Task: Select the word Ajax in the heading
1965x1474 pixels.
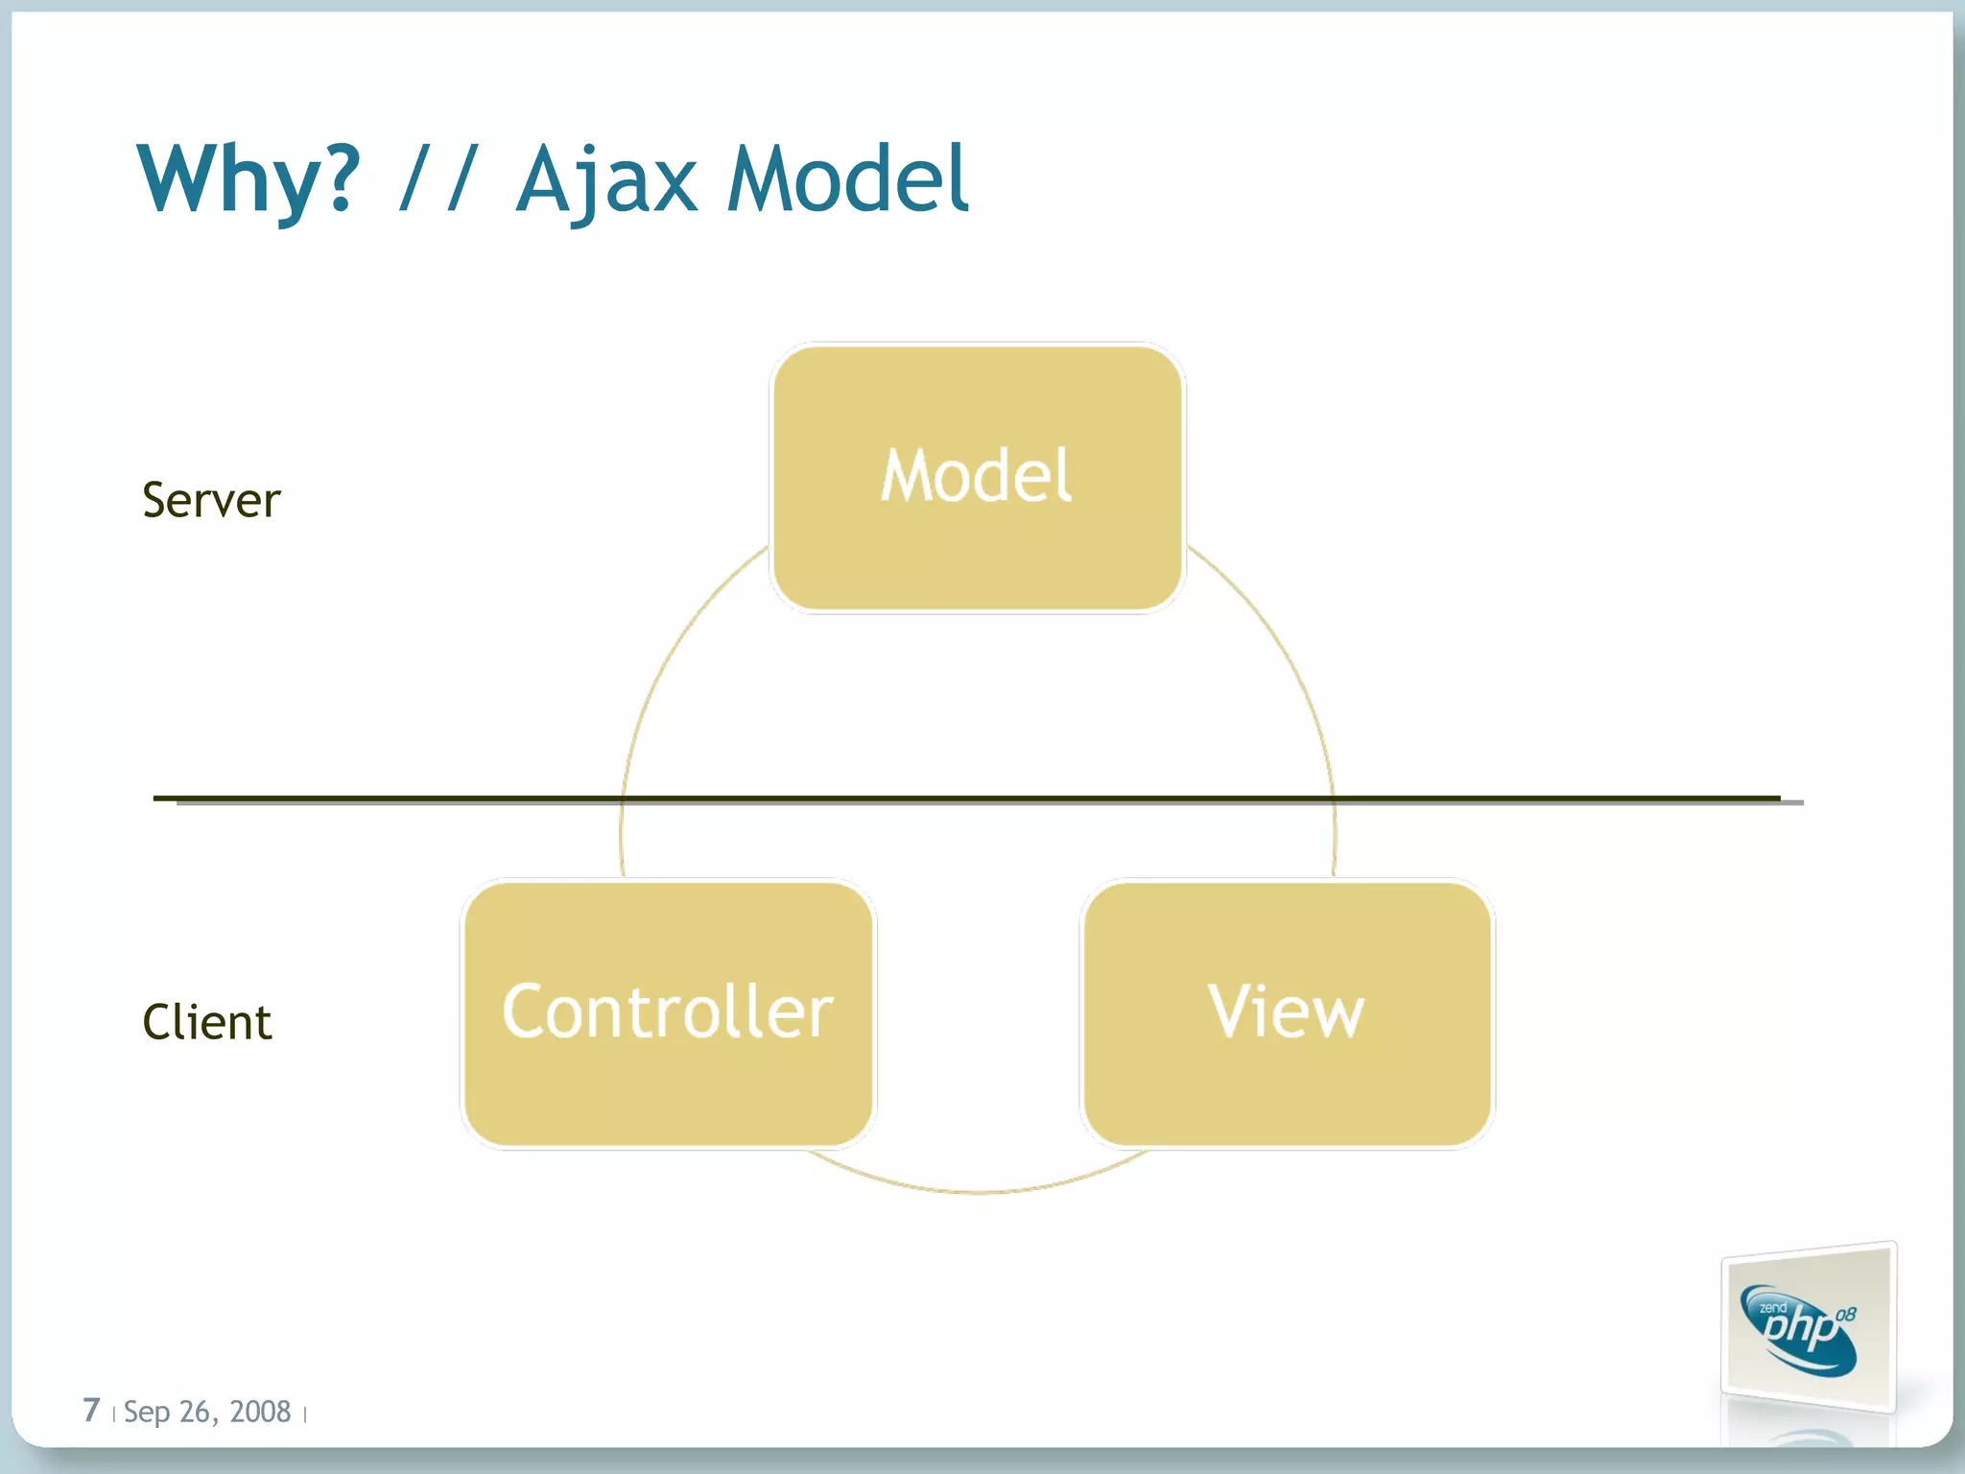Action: pos(606,179)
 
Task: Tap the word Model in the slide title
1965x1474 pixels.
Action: pos(848,179)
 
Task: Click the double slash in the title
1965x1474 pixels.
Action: pos(438,179)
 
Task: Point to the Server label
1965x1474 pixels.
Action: pos(211,500)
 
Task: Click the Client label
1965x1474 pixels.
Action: pos(207,1022)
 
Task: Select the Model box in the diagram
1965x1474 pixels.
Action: pos(977,477)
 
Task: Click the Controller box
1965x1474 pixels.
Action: pos(668,1012)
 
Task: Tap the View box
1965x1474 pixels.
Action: pos(1286,1012)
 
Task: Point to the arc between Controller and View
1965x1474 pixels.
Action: pos(977,1191)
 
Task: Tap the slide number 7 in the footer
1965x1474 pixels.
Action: pos(91,1410)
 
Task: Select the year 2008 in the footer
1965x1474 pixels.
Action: pos(260,1412)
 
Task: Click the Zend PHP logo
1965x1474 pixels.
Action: pos(1808,1328)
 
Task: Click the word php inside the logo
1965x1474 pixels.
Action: pos(1800,1329)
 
